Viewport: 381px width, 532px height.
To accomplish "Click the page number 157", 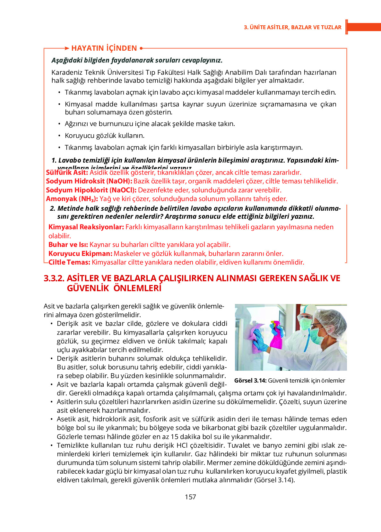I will (190, 497).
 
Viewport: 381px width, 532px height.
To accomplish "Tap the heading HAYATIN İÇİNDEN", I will (104, 48).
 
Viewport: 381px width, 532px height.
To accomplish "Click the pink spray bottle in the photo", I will (275, 335).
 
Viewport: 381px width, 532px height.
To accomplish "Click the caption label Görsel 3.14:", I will (250, 381).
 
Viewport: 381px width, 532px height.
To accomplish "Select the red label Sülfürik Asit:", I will (67, 173).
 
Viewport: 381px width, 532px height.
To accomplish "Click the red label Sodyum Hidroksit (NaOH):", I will (89, 181).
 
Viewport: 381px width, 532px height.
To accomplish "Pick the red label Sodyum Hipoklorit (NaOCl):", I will (91, 190).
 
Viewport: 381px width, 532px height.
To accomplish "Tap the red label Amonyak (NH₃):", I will (72, 199).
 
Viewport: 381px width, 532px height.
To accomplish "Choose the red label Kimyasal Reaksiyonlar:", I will (86, 227).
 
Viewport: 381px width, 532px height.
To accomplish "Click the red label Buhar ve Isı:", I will (68, 245).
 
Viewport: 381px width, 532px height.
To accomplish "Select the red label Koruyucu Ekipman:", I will (80, 254).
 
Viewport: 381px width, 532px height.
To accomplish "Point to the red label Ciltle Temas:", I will (69, 262).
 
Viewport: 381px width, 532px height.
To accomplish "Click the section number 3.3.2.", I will (54, 278).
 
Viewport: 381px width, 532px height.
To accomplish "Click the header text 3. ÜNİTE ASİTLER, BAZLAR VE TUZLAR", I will (292, 27).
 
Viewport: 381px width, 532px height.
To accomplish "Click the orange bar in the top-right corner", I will (364, 27).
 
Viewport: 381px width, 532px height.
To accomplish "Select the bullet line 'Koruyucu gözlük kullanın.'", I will (105, 136).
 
